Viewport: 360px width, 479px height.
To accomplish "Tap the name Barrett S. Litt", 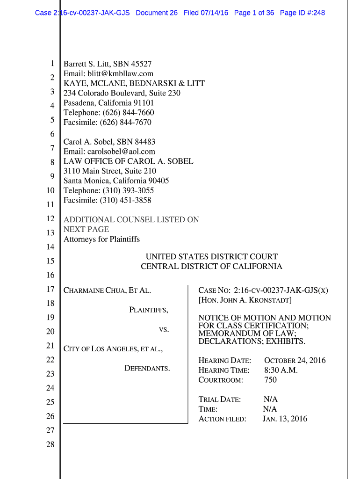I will [x=86, y=64].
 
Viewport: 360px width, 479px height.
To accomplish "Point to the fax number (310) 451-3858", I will [x=125, y=200].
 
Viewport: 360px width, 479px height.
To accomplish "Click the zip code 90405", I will [x=158, y=181].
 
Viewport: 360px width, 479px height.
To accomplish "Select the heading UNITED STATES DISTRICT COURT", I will [x=211, y=257].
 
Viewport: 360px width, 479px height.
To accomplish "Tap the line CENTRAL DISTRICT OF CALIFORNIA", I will [x=211, y=267].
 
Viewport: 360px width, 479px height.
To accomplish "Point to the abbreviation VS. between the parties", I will [x=164, y=330].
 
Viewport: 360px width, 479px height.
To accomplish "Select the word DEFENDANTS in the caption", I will [x=147, y=369].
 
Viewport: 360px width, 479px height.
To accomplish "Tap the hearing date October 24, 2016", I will [x=295, y=361].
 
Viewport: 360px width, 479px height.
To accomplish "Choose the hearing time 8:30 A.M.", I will [x=281, y=370].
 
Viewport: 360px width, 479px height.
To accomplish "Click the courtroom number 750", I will [x=270, y=380].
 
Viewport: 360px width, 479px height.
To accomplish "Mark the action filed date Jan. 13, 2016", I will [x=285, y=419].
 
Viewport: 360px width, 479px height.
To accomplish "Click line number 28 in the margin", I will [x=50, y=445].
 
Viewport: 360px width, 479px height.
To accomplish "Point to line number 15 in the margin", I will [x=50, y=261].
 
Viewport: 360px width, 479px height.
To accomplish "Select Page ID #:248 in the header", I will [x=302, y=13].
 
